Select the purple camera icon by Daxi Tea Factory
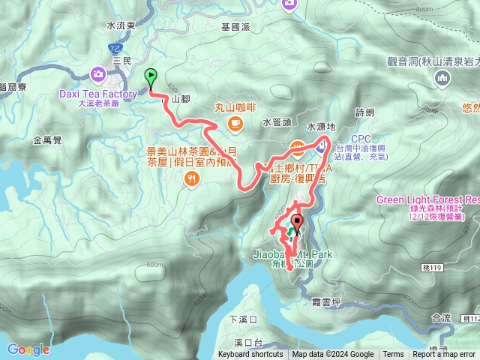click(x=98, y=73)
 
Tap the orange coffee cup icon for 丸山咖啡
click(x=235, y=121)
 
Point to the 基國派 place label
click(x=235, y=26)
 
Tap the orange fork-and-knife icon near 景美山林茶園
click(x=193, y=178)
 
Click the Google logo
click(x=28, y=349)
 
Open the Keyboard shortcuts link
click(x=250, y=355)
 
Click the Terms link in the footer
click(x=393, y=355)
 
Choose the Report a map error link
click(x=443, y=355)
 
